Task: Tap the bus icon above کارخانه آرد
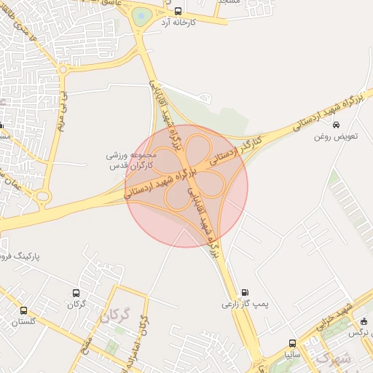click(178, 11)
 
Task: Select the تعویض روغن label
click(334, 136)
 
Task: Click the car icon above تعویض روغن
click(335, 125)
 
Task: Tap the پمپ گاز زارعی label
click(241, 303)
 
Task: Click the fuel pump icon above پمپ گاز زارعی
click(243, 291)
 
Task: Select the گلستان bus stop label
click(24, 321)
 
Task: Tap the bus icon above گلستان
click(24, 310)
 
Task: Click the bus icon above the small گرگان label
click(76, 294)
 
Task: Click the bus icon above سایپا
click(292, 343)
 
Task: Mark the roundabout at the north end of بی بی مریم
click(63, 71)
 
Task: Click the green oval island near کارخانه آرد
click(141, 16)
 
